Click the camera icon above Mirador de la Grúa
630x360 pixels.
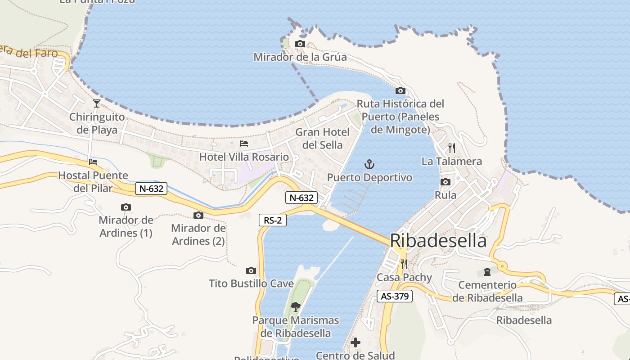(300, 44)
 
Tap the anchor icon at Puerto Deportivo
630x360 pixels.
(369, 164)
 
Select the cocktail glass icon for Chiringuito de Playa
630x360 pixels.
(97, 103)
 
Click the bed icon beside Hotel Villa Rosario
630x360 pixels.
(244, 144)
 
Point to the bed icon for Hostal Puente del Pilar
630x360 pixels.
(93, 162)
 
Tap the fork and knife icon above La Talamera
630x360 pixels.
(452, 148)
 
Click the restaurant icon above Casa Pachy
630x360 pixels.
(404, 264)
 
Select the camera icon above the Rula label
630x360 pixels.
(445, 182)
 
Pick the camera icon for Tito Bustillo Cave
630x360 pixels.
(251, 270)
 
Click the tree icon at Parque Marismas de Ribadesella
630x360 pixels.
(296, 307)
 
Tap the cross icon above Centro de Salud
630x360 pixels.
(355, 342)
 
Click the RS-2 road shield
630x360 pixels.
(273, 220)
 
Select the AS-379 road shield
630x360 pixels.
(394, 296)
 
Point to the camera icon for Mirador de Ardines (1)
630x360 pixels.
(126, 207)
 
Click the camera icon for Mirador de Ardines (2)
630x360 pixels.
(198, 215)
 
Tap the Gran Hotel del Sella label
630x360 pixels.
(322, 139)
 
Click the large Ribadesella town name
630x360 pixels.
(438, 241)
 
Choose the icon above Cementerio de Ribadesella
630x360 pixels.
(487, 271)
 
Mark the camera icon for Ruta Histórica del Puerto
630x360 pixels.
(400, 90)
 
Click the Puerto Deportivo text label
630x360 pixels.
(369, 178)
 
